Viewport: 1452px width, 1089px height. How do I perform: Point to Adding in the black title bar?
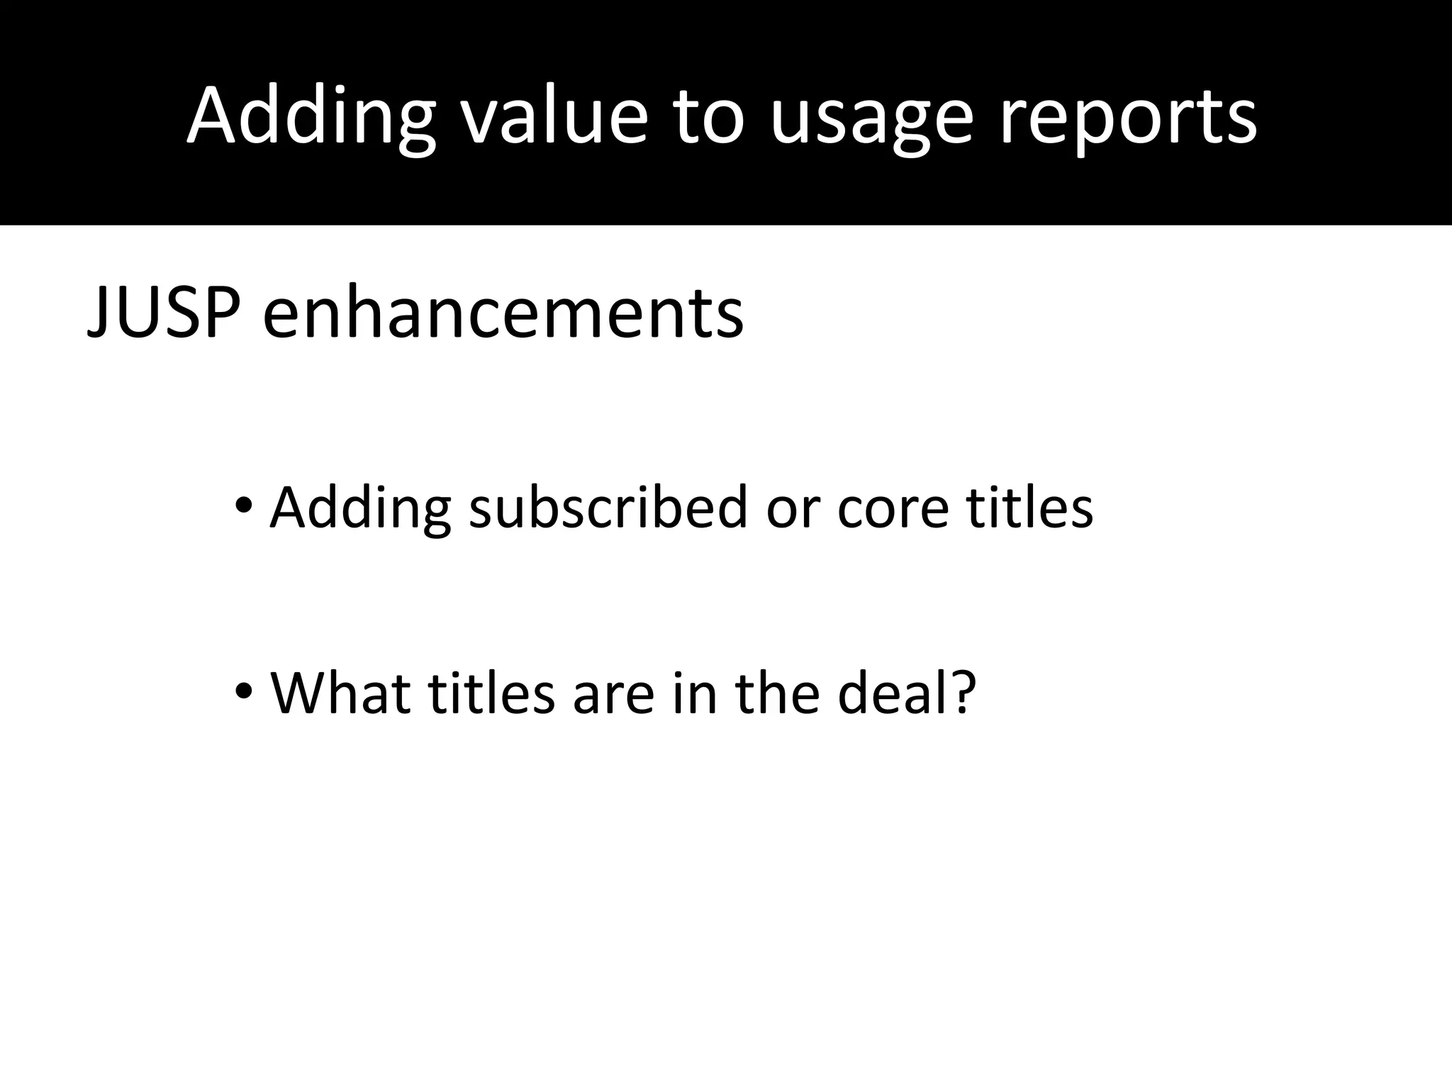(311, 117)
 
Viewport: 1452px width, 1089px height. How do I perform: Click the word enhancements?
(503, 312)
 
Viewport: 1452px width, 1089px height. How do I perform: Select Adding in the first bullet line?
(360, 508)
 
